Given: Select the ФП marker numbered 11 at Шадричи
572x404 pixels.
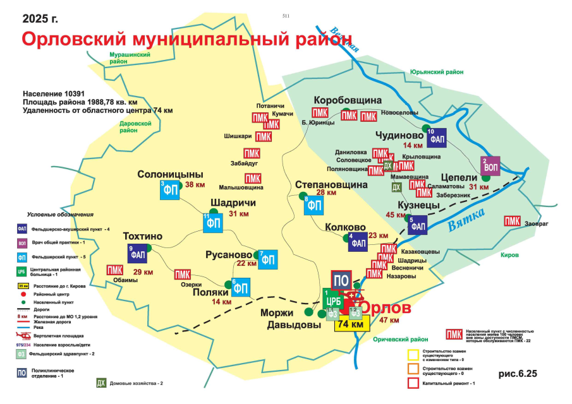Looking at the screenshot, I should click(212, 224).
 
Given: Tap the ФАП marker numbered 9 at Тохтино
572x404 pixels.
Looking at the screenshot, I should click(137, 253).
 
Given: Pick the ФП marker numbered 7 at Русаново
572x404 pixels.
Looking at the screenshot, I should click(268, 259).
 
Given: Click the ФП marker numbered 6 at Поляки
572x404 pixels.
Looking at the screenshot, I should click(241, 288).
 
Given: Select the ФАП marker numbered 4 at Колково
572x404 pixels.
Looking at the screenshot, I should click(358, 242).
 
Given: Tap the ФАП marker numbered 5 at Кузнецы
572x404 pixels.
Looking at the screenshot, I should click(418, 225).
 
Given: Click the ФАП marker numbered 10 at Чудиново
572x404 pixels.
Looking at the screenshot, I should click(437, 137).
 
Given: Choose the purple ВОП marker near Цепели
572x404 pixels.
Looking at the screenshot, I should click(490, 165).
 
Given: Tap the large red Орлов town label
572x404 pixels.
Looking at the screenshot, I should click(386, 309).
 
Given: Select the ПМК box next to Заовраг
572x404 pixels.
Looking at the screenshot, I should click(512, 221).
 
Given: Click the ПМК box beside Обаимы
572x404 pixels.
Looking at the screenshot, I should click(114, 270).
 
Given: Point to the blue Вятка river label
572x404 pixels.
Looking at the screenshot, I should click(466, 218).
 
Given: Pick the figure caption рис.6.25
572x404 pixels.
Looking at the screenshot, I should click(518, 374).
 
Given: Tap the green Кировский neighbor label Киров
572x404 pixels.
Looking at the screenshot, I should click(509, 255).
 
